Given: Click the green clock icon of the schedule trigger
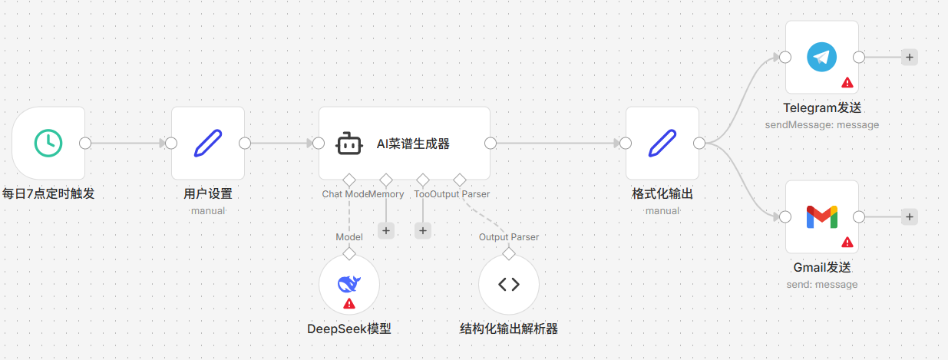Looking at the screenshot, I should [48, 143].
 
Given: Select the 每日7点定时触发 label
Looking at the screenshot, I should [48, 193].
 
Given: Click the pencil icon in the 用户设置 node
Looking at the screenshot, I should [207, 143].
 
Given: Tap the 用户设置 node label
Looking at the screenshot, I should [207, 193].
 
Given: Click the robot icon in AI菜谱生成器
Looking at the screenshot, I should [349, 143].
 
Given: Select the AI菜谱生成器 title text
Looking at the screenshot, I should [412, 143].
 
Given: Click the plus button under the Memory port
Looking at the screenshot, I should [386, 230].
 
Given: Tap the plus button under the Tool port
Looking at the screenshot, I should [423, 230].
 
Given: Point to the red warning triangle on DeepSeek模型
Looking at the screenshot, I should [349, 304].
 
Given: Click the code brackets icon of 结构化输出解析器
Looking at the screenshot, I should [508, 285].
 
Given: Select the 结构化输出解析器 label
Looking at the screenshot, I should [508, 329].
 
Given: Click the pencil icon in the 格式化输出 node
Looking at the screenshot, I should [662, 143].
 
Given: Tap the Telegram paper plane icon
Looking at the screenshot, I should [821, 58].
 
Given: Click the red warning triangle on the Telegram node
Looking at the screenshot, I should [847, 82].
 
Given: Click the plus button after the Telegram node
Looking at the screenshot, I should [909, 58].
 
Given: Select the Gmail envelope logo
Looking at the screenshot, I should [821, 217].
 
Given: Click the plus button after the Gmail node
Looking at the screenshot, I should [909, 217].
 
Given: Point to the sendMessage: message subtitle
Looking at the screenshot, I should [821, 124].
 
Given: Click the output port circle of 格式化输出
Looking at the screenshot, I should [699, 143].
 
